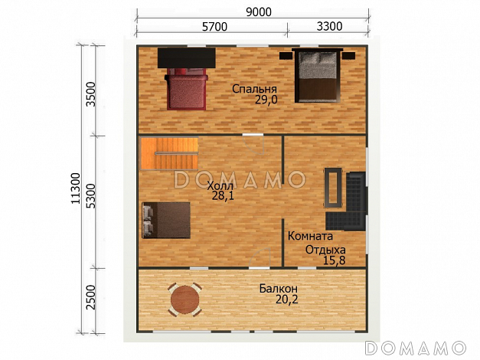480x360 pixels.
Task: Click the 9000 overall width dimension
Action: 259,12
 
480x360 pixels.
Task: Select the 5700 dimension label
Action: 214,27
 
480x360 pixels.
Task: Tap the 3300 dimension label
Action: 329,27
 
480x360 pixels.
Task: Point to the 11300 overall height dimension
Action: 75,188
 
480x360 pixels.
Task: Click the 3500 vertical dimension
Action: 91,94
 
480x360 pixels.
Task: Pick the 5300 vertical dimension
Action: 91,196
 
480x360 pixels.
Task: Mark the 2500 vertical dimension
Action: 91,297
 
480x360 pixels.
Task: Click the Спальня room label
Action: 254,89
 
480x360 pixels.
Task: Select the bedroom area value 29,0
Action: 266,100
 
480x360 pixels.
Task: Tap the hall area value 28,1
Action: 223,196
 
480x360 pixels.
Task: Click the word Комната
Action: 310,236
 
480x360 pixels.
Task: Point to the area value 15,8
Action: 335,260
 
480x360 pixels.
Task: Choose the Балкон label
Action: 279,289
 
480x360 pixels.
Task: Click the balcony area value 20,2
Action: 287,299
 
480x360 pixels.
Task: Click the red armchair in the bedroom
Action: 187,89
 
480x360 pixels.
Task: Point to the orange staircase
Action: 169,153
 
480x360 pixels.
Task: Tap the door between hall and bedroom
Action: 253,143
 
